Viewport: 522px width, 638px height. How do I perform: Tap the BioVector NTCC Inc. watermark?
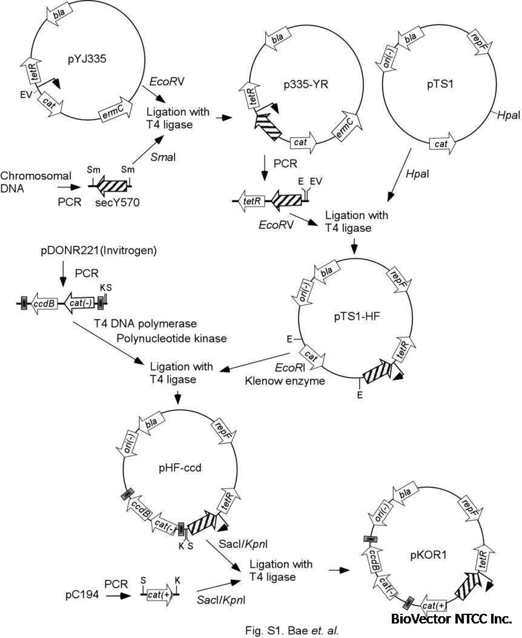tap(451, 619)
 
